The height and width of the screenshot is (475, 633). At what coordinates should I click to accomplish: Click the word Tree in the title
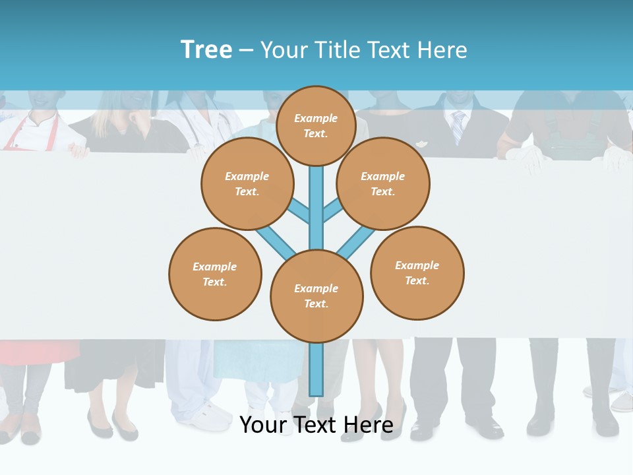[x=206, y=50]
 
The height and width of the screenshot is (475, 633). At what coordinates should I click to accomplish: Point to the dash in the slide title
[x=246, y=51]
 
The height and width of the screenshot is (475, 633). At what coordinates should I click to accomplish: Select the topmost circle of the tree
[x=316, y=125]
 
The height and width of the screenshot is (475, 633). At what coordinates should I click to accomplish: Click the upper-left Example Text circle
[x=247, y=183]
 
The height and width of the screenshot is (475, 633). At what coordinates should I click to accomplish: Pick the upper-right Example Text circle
[x=383, y=183]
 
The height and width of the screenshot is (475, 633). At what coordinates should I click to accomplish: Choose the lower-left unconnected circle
[x=215, y=274]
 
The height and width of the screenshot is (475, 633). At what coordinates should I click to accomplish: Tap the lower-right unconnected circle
[x=417, y=272]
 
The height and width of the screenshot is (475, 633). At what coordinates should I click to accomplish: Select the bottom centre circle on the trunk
[x=316, y=296]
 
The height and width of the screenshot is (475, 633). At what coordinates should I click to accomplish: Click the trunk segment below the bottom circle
[x=316, y=369]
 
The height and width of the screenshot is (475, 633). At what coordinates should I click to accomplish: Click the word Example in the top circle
[x=316, y=119]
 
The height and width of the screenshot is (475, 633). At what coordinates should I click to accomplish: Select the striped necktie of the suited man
[x=458, y=127]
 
